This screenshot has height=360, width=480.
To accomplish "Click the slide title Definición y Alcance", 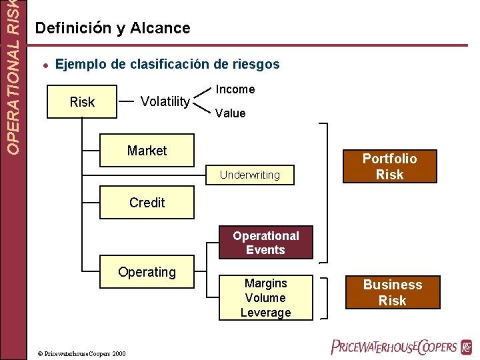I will [x=113, y=28].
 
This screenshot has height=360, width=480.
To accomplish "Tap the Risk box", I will [x=82, y=102].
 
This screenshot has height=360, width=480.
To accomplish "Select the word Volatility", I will [x=165, y=101].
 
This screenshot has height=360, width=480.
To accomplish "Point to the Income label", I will [x=235, y=89].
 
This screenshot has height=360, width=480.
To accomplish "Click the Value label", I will [x=230, y=113].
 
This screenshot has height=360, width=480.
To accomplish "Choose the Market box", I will [x=147, y=151].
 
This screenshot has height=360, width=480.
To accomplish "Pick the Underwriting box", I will [x=250, y=175].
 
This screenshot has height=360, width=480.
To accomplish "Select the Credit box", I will [x=147, y=203].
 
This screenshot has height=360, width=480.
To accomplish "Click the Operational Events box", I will [x=265, y=243].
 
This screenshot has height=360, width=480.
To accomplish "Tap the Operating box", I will [x=147, y=272].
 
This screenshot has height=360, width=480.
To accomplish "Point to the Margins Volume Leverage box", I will [x=265, y=298].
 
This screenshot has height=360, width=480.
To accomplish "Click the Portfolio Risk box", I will [x=389, y=167].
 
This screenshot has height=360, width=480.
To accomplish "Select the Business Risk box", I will [x=392, y=293].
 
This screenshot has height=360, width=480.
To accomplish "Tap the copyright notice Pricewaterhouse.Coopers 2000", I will [x=81, y=353].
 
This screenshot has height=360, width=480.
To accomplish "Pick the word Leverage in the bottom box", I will [x=265, y=313].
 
